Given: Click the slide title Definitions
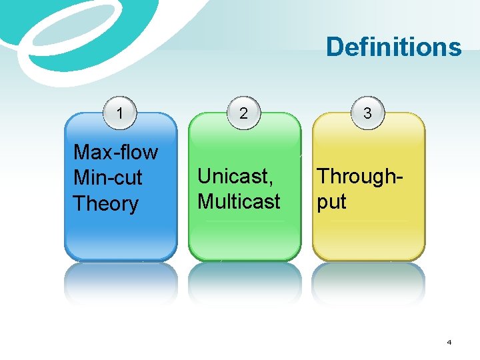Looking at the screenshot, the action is (393, 47).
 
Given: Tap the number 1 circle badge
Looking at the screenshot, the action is (120, 113).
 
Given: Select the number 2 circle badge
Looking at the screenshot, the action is (244, 113).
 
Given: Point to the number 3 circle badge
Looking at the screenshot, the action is (367, 113).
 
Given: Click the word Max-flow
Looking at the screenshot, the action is (115, 153).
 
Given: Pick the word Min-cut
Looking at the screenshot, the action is (107, 178).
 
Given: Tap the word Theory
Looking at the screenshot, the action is (105, 203).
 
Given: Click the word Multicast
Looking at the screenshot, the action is (239, 201).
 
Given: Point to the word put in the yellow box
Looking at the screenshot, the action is (331, 201).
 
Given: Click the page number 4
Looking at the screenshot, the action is (449, 342).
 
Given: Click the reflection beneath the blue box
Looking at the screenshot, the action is (121, 283).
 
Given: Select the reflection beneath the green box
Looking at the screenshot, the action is (244, 283).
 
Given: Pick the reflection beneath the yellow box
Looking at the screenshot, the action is (368, 283).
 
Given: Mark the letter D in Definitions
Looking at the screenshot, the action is (335, 47).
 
